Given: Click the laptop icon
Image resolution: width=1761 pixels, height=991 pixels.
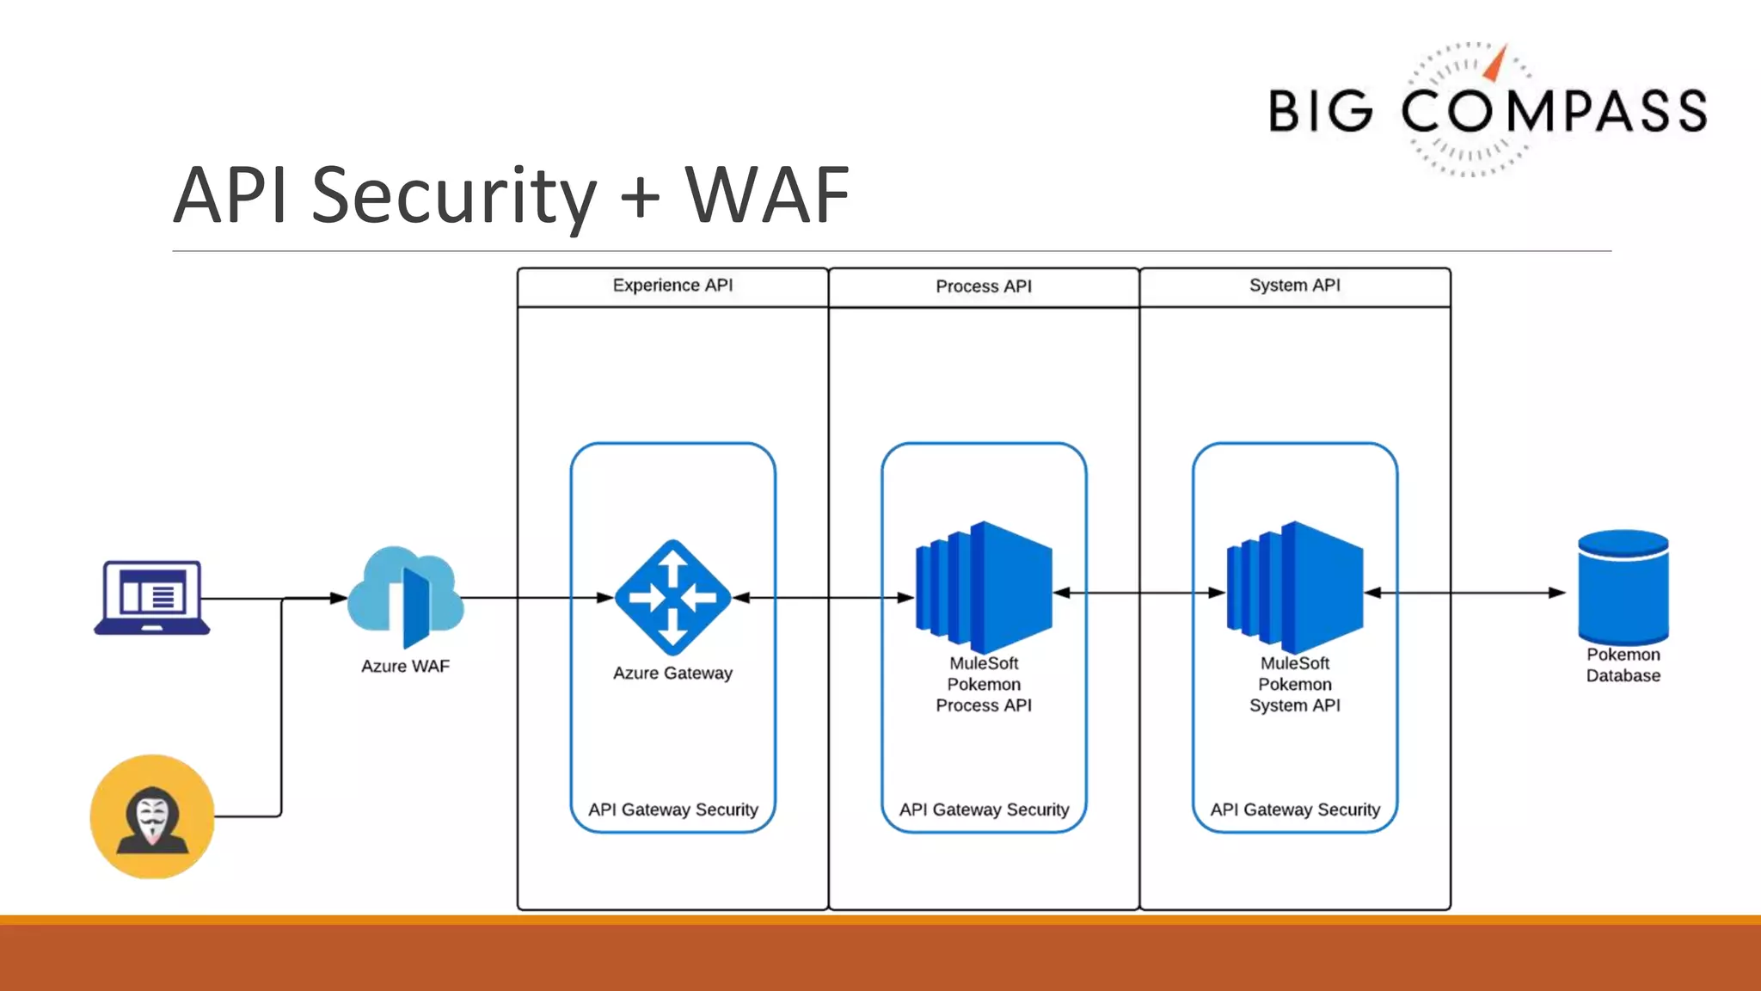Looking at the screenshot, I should pyautogui.click(x=152, y=597).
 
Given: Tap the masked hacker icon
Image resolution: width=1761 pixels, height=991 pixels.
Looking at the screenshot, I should pyautogui.click(x=152, y=816).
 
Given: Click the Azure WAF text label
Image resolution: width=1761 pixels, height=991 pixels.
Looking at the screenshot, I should pyautogui.click(x=405, y=666).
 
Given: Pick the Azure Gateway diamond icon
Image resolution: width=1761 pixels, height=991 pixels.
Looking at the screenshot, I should pyautogui.click(x=672, y=597).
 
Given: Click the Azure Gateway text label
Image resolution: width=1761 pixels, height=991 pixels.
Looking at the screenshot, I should pyautogui.click(x=672, y=673).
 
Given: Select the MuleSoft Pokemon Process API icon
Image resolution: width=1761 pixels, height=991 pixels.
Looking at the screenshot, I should pyautogui.click(x=984, y=588).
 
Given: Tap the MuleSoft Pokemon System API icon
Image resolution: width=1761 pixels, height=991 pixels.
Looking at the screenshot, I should pyautogui.click(x=1295, y=588).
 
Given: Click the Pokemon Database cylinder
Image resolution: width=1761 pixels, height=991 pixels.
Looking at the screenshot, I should pyautogui.click(x=1623, y=587).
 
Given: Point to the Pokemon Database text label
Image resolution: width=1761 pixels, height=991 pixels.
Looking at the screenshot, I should pyautogui.click(x=1623, y=665).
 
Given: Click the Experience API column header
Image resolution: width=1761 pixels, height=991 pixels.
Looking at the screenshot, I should pyautogui.click(x=672, y=286).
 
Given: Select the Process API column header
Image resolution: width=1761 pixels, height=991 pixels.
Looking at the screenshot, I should pyautogui.click(x=984, y=286).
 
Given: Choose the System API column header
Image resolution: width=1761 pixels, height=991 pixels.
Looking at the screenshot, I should pyautogui.click(x=1295, y=286).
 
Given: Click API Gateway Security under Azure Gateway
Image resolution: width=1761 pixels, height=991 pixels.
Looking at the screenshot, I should pyautogui.click(x=672, y=809).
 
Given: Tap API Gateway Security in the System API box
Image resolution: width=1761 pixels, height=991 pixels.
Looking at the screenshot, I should pyautogui.click(x=1295, y=809).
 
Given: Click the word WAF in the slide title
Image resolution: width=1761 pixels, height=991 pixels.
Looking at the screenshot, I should pyautogui.click(x=767, y=195).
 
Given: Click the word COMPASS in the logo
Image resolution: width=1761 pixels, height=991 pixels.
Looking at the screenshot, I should pyautogui.click(x=1554, y=111).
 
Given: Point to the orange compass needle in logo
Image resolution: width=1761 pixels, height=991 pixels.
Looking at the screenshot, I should pyautogui.click(x=1497, y=64).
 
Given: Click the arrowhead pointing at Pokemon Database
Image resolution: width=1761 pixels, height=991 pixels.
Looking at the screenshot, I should pyautogui.click(x=1556, y=593).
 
